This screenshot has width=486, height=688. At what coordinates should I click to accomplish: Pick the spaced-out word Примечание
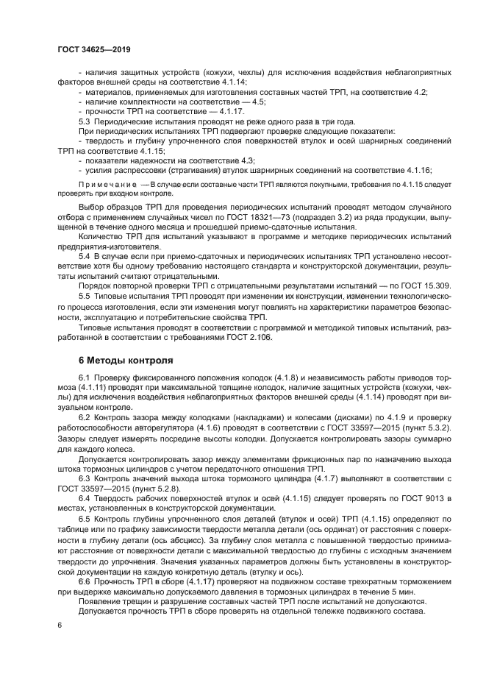click(103, 184)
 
